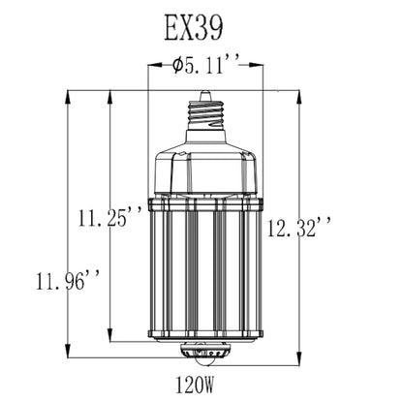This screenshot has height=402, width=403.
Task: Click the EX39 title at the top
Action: coord(194,28)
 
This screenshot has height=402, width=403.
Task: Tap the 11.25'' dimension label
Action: coord(109,217)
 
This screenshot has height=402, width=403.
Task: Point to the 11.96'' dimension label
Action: coord(67,281)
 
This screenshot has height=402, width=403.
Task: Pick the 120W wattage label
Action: coord(195,385)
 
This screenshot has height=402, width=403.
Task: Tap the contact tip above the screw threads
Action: coord(205,96)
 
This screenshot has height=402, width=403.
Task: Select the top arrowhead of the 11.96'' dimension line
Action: coord(68,97)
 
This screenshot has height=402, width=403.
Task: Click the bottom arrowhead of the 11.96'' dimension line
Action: coord(68,351)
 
